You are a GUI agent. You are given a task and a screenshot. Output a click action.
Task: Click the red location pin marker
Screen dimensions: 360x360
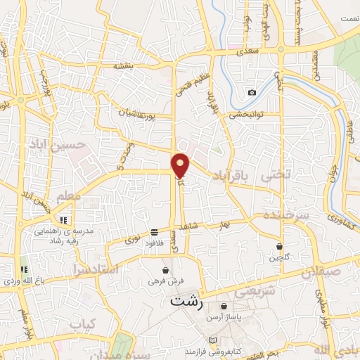pos(181,165)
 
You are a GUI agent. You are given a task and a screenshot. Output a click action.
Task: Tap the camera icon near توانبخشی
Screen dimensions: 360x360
pos(252,92)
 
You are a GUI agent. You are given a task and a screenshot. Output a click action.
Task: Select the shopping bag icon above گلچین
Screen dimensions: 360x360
pos(281,246)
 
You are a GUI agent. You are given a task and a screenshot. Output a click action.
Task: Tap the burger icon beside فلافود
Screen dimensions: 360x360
pos(154,233)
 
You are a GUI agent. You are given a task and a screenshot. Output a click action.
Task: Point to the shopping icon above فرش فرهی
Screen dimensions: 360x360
pos(166,269)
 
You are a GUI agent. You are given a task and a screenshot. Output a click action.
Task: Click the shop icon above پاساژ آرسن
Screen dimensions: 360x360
pos(224,307)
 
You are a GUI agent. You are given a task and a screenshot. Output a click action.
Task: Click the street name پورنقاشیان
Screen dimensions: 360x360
pos(129,112)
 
